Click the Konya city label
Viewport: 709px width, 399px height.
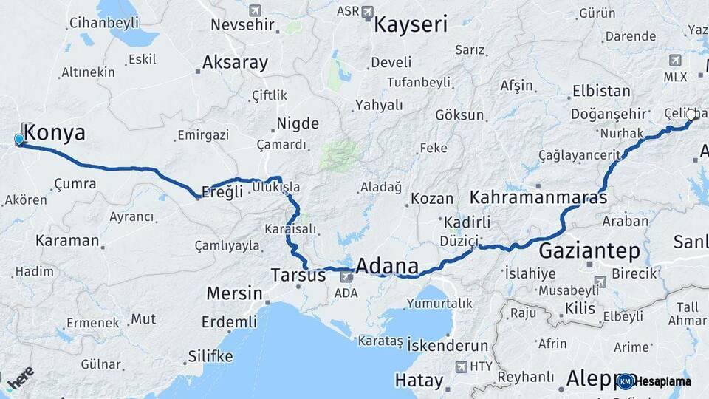55,133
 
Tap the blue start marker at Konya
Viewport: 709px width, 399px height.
19,139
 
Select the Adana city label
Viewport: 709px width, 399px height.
387,266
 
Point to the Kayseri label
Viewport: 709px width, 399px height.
411,24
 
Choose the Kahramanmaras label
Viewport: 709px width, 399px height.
538,198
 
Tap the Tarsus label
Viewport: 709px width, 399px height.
298,275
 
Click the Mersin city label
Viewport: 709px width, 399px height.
234,293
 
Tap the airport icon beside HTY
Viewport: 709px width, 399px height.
462,366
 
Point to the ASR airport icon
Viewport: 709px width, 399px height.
368,12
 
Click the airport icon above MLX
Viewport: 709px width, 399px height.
675,60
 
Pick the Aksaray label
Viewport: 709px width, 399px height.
235,63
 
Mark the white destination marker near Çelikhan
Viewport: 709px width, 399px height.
691,115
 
